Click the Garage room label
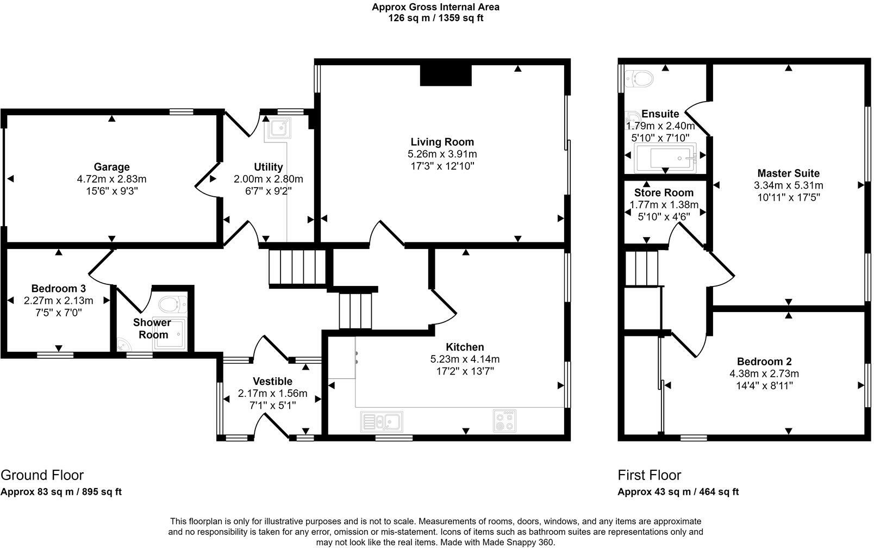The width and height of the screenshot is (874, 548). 111,167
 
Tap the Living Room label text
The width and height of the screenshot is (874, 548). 434,142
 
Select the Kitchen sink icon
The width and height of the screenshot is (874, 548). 381,422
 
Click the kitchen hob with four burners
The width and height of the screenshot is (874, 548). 505,421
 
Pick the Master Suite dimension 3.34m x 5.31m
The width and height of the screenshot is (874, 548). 788,185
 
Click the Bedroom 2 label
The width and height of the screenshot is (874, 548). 764,362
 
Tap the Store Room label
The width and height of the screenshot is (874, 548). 664,193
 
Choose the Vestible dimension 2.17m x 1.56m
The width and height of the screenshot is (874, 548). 272,394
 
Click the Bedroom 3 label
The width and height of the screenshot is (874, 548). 58,289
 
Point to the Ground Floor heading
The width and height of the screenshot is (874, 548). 42,475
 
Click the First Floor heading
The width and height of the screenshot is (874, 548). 649,475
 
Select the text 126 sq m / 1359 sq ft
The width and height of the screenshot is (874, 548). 435,18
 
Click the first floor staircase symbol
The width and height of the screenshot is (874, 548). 641,267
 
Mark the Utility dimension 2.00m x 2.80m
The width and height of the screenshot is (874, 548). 268,179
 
